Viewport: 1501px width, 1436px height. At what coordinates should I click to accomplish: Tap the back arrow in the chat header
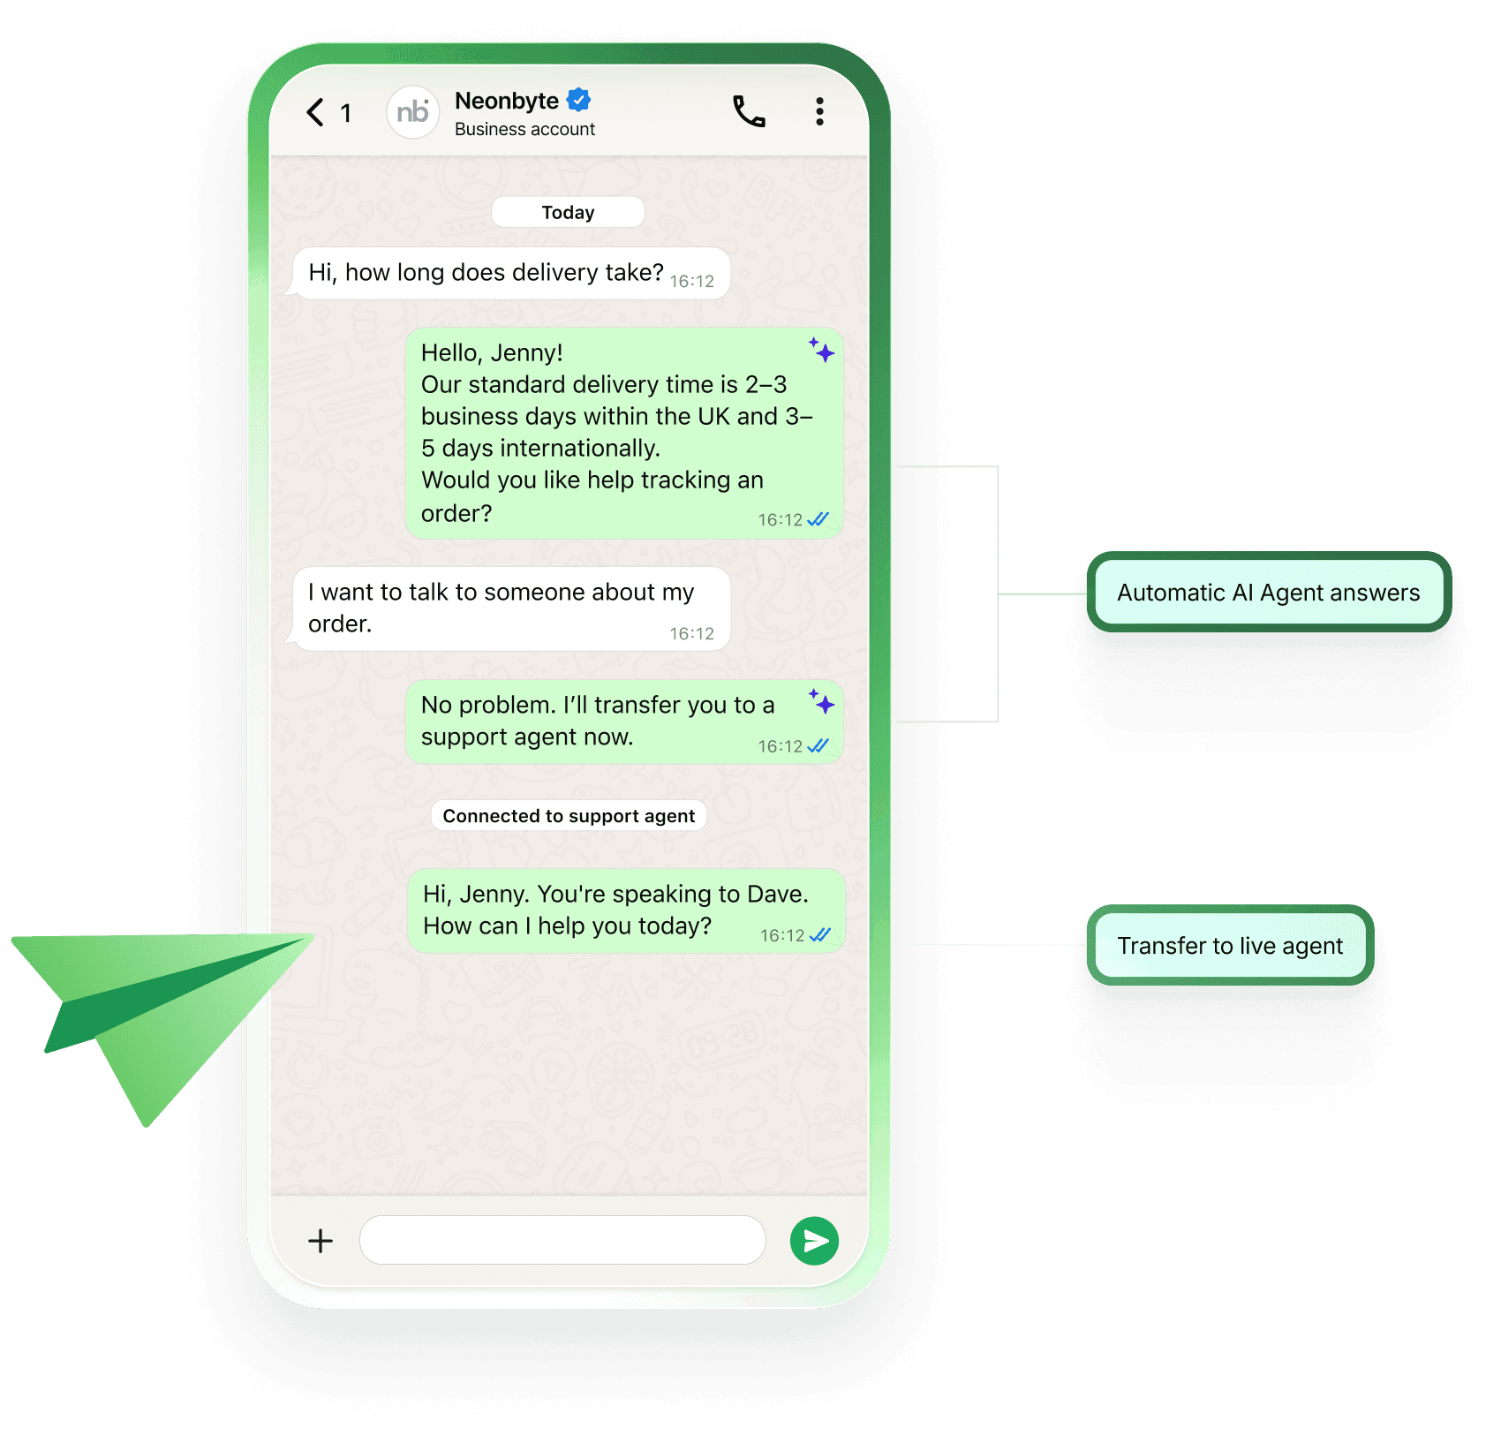(315, 112)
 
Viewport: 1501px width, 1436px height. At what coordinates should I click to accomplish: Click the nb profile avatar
(412, 112)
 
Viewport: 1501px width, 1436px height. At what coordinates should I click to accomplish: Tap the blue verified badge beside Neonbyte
(578, 100)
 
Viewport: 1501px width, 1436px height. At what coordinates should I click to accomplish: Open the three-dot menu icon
(819, 111)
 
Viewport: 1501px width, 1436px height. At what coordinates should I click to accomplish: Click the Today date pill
(568, 212)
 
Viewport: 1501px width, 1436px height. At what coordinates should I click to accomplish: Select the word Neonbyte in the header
(506, 101)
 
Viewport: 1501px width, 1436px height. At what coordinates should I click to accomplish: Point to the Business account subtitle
(524, 129)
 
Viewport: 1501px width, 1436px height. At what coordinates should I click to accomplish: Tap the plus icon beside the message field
(321, 1241)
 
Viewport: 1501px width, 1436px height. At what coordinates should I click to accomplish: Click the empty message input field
(562, 1240)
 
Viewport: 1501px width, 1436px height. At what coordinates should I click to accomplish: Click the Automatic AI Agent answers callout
(1268, 593)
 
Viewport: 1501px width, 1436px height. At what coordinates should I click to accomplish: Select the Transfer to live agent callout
(1229, 946)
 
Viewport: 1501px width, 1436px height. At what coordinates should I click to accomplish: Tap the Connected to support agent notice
(569, 816)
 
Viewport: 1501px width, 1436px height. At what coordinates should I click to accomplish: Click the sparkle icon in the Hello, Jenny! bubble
(822, 350)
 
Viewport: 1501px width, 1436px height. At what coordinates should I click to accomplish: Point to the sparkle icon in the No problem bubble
(822, 701)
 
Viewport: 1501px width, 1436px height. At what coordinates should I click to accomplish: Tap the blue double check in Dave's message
(820, 934)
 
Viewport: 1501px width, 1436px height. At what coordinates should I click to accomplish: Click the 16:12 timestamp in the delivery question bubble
(691, 281)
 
